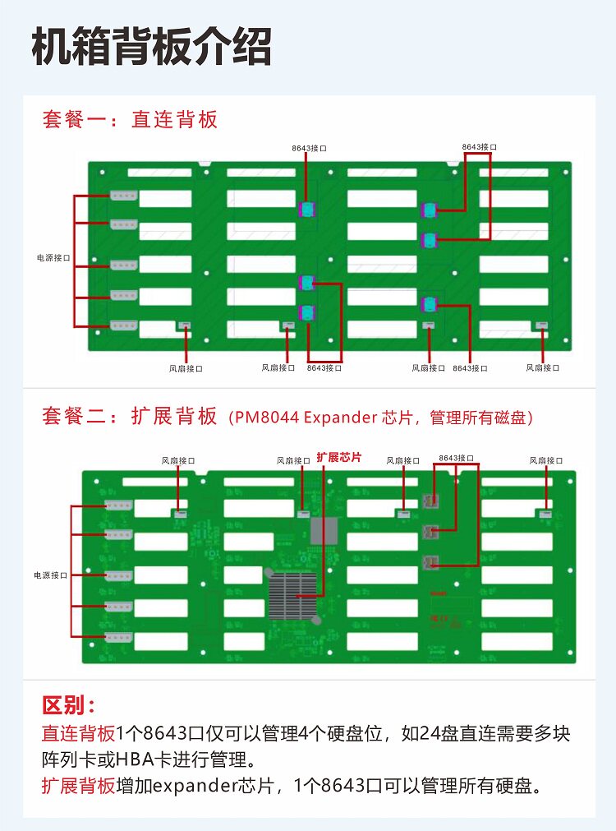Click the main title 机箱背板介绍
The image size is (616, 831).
151,47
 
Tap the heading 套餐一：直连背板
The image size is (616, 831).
130,120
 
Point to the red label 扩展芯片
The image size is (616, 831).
338,457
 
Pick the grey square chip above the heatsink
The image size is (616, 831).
324,531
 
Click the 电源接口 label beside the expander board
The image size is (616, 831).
50,575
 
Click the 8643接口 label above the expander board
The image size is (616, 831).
456,457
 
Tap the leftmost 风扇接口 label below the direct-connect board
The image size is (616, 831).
186,369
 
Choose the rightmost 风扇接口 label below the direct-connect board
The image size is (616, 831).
543,368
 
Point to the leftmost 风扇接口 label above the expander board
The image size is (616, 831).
178,461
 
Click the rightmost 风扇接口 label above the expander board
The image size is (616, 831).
546,460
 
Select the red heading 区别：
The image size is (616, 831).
69,706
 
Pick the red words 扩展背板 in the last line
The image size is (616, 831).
79,785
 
